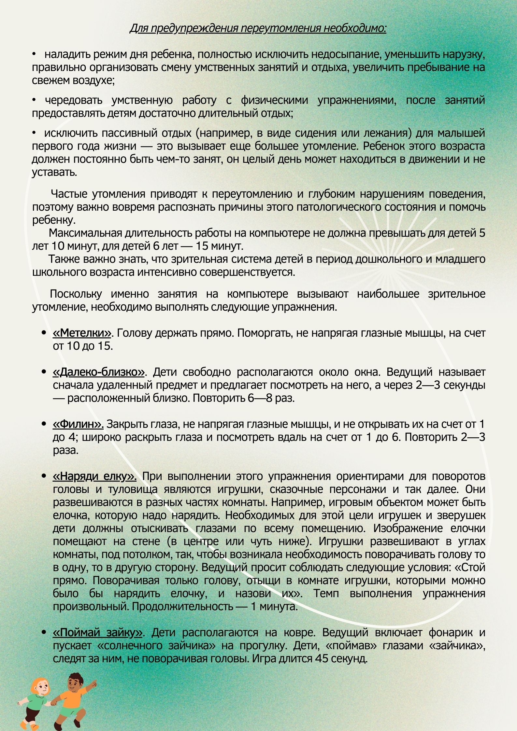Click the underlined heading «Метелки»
tap(82, 333)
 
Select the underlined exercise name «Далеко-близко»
tap(99, 372)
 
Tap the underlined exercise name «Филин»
tap(78, 424)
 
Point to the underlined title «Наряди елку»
tap(94, 476)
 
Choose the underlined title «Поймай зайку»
tap(97, 632)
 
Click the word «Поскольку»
tap(76, 294)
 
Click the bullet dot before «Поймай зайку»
tap(43, 633)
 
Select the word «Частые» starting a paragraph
tap(69, 194)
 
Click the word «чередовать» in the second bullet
tap(74, 100)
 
